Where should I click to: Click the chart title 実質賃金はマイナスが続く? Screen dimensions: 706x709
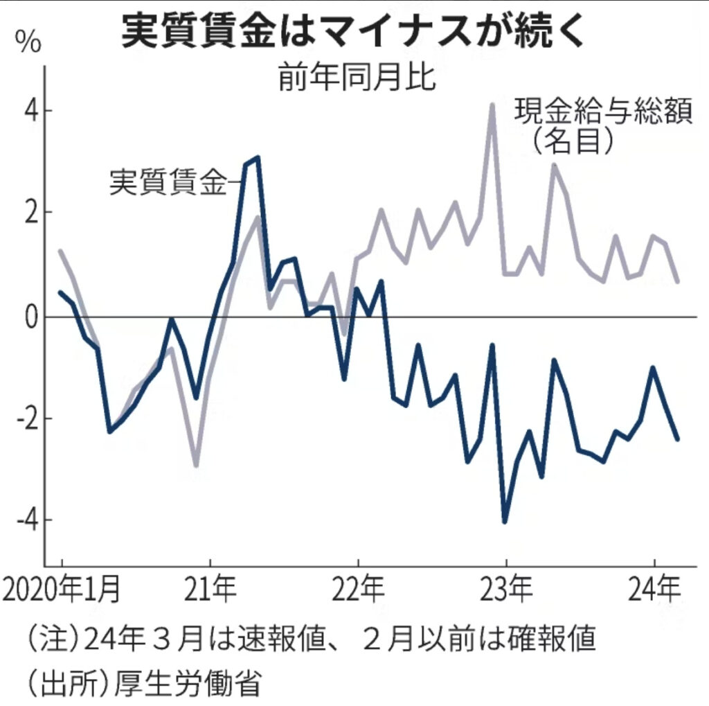[354, 33]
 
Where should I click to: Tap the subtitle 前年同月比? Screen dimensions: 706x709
[357, 79]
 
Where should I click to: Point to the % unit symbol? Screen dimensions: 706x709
[30, 43]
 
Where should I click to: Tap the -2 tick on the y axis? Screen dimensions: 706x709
[22, 419]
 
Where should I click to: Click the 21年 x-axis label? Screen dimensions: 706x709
[210, 592]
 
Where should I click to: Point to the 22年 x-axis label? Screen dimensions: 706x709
[358, 592]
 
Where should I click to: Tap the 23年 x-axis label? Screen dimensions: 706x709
[506, 592]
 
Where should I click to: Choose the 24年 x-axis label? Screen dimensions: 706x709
[654, 592]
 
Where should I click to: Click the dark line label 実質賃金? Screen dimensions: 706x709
[168, 183]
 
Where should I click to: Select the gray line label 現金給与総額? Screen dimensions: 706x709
[603, 112]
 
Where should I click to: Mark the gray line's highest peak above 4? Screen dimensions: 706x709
[492, 105]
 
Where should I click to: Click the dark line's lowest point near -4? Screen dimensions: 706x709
[505, 522]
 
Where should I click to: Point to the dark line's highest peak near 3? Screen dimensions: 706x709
[258, 158]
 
